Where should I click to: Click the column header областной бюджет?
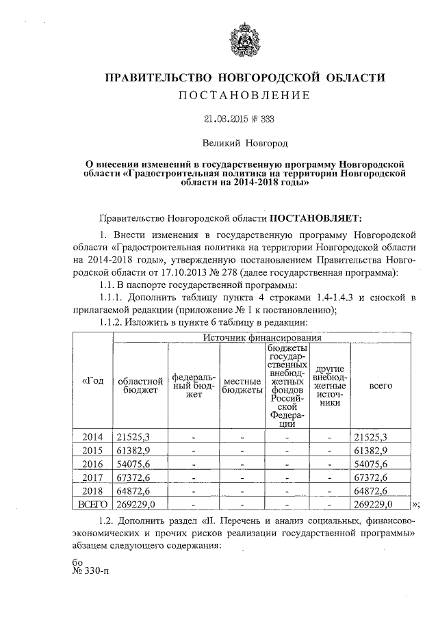pyautogui.click(x=140, y=385)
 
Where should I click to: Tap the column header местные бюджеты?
pyautogui.click(x=242, y=385)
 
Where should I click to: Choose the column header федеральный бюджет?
pyautogui.click(x=194, y=385)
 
